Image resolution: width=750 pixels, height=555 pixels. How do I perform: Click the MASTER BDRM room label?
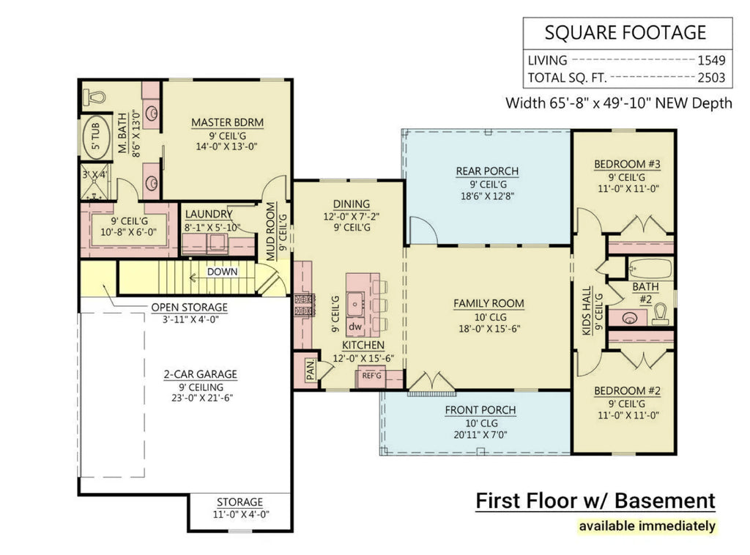(x=227, y=122)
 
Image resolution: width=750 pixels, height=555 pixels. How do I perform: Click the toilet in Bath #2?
(x=660, y=314)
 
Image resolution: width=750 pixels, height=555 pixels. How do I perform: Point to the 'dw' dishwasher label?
(x=355, y=326)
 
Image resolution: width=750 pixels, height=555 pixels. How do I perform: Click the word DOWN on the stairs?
(x=223, y=271)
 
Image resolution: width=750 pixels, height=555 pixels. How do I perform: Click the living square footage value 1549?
(x=710, y=61)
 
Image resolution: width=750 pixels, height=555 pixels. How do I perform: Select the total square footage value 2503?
(x=710, y=77)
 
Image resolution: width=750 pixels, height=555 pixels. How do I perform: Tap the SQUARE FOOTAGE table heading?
(x=625, y=33)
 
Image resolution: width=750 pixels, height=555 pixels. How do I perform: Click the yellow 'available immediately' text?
(x=647, y=525)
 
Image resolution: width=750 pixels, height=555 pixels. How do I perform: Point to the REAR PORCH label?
(x=487, y=171)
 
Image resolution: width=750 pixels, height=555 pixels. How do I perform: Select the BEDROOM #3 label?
(x=627, y=165)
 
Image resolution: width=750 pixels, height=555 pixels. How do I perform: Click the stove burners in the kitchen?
(x=302, y=305)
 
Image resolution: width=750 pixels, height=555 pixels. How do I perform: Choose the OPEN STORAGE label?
(x=189, y=308)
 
